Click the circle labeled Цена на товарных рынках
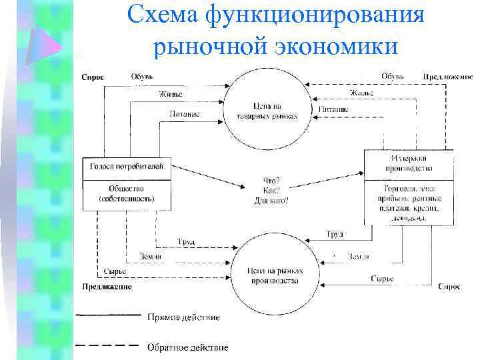[267, 110]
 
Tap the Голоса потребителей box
[126, 166]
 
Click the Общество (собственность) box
[126, 193]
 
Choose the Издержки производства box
[409, 163]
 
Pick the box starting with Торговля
[409, 203]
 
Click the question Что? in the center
[272, 181]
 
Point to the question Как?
[272, 190]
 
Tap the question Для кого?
[272, 200]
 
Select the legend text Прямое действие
[183, 317]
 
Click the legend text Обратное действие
[187, 347]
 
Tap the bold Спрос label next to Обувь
[93, 77]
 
